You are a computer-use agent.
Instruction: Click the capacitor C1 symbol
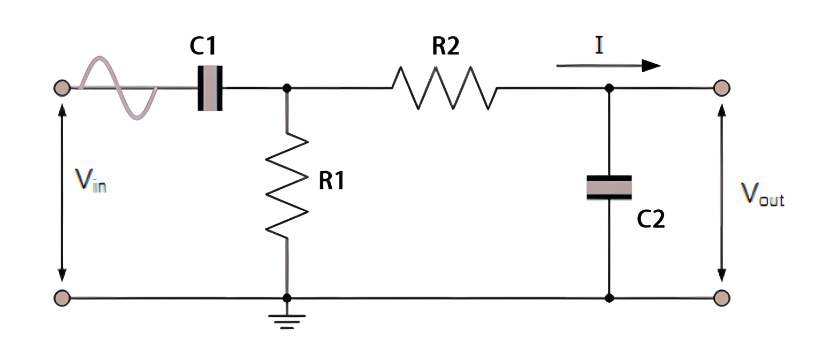(x=210, y=88)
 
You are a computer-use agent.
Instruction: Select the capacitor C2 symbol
(x=609, y=187)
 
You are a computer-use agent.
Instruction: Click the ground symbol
(x=287, y=320)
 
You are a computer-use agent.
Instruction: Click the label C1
(x=203, y=47)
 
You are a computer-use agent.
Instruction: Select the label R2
(x=445, y=47)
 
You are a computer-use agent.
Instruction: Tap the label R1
(x=332, y=182)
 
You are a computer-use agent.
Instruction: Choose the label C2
(x=651, y=219)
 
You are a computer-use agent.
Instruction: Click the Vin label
(x=90, y=181)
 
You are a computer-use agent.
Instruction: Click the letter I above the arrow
(x=599, y=45)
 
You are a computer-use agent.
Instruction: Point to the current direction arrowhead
(x=651, y=66)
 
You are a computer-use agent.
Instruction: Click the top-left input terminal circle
(x=62, y=88)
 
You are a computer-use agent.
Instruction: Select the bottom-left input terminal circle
(x=62, y=297)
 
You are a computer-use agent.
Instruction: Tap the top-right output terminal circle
(x=721, y=88)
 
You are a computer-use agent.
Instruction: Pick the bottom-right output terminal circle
(x=721, y=297)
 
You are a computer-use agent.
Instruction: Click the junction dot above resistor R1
(x=287, y=88)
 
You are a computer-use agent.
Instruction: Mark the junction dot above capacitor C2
(x=609, y=88)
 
